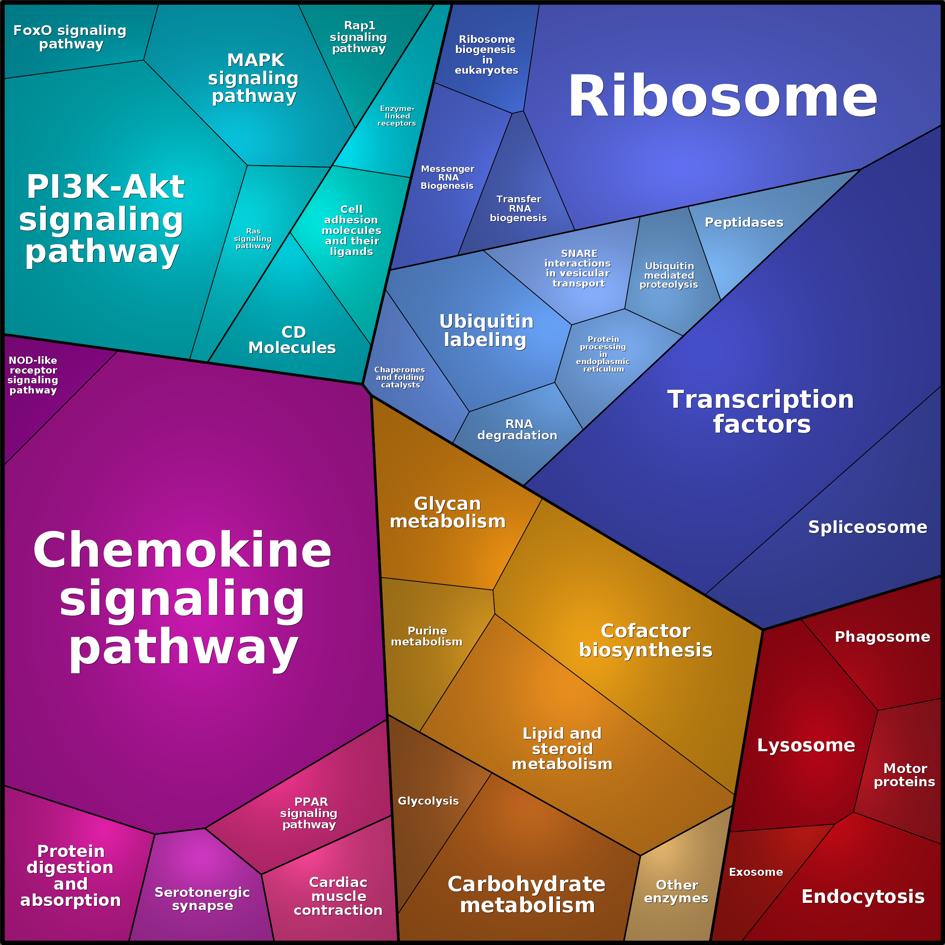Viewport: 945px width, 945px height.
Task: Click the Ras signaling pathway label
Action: pyautogui.click(x=253, y=239)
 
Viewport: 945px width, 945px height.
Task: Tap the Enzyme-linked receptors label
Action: pyautogui.click(x=397, y=116)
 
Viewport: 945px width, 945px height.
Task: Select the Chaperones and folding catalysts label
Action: pyautogui.click(x=400, y=377)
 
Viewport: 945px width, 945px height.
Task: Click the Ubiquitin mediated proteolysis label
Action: pyautogui.click(x=669, y=275)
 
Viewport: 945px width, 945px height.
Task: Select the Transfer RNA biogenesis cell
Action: pyautogui.click(x=518, y=208)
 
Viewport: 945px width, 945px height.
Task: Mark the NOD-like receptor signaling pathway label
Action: pyautogui.click(x=33, y=375)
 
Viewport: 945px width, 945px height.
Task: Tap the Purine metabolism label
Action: pyautogui.click(x=427, y=637)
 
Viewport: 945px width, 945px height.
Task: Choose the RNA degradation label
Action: pyautogui.click(x=518, y=430)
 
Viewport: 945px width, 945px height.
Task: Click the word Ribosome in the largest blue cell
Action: pyautogui.click(x=722, y=96)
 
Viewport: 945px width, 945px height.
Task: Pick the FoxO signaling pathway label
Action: pyautogui.click(x=70, y=37)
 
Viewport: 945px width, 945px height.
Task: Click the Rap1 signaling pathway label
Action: pyautogui.click(x=359, y=37)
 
